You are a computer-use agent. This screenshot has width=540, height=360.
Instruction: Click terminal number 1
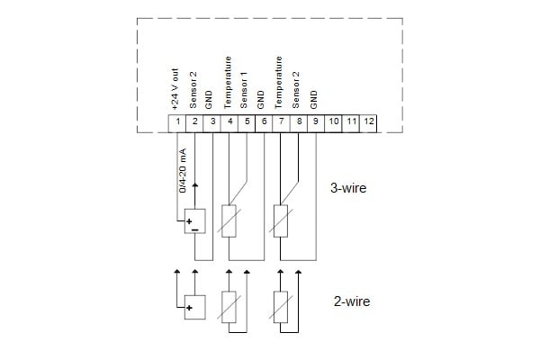tap(178, 121)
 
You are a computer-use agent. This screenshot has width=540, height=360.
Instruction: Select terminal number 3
tap(212, 121)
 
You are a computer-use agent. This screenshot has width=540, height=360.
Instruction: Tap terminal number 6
tap(263, 121)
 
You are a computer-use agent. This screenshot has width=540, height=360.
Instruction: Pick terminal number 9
tap(314, 121)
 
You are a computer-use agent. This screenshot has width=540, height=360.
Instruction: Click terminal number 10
tap(333, 121)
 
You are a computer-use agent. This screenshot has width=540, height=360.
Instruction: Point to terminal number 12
tap(369, 121)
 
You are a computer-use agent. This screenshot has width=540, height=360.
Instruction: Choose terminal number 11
tap(351, 121)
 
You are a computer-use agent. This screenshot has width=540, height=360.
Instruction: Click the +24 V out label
tap(177, 88)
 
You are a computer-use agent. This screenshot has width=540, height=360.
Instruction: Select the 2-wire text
tap(351, 301)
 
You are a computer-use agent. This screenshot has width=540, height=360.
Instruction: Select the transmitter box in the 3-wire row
tap(193, 221)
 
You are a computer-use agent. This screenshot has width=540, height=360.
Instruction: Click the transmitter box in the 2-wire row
tap(193, 307)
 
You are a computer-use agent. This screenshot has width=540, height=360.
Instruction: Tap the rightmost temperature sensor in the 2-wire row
tap(280, 306)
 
